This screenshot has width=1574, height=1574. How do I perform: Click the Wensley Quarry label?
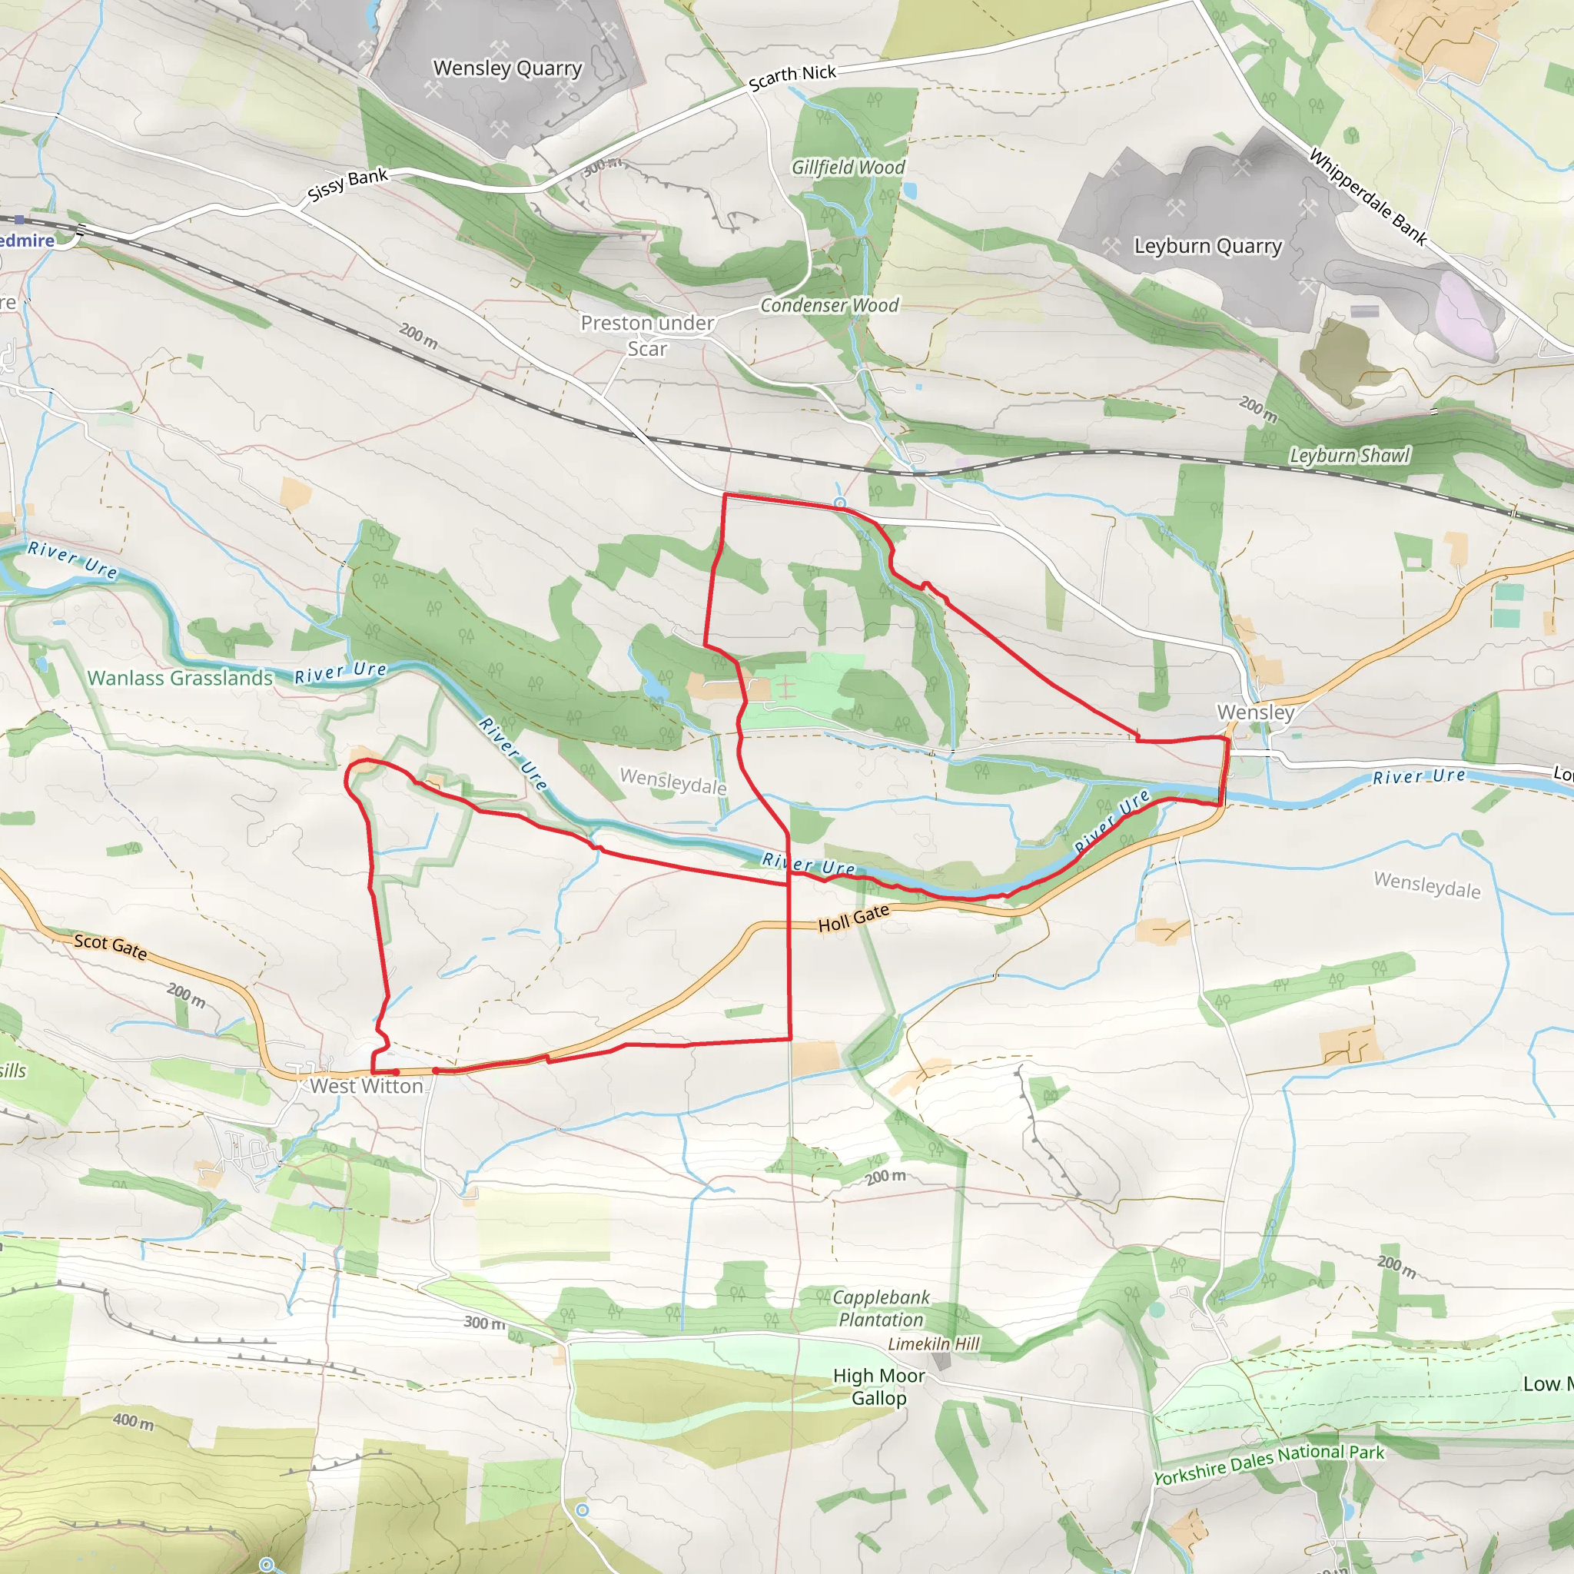point(507,68)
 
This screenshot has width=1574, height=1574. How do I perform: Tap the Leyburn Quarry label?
point(1207,246)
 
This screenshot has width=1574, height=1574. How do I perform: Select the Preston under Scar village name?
point(648,336)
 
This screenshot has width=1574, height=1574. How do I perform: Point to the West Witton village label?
point(367,1086)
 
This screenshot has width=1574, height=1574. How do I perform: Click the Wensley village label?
point(1256,712)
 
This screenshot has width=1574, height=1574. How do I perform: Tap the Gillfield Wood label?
point(848,168)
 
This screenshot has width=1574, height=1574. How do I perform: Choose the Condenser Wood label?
point(829,306)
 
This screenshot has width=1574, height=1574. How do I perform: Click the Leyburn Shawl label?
point(1349,456)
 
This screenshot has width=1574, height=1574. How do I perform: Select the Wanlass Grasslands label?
point(180,678)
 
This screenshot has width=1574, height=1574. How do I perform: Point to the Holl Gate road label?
point(853,919)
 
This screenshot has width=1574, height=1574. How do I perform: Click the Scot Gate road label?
point(111,946)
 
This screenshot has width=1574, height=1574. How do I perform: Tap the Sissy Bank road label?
point(348,185)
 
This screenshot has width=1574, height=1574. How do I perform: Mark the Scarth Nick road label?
point(792,78)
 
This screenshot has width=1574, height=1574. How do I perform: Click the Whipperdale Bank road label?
point(1368,196)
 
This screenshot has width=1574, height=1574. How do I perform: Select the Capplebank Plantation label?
point(882,1308)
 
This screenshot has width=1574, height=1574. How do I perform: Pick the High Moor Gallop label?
point(879,1386)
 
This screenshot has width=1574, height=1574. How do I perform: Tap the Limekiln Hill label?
point(934,1344)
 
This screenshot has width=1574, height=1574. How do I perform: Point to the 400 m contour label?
point(134,1422)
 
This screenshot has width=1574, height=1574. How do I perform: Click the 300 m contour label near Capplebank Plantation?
point(485,1323)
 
